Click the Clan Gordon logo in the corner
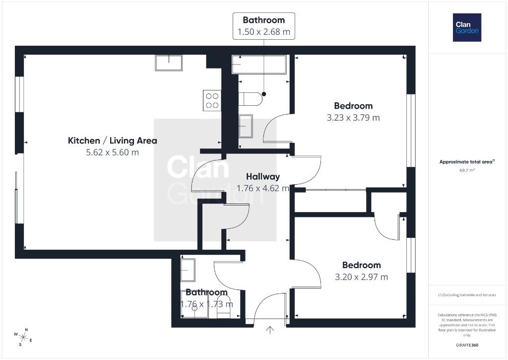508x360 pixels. tap(467, 28)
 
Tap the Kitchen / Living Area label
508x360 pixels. tap(113, 141)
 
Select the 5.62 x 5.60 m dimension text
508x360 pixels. tap(113, 152)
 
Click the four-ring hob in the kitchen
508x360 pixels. tap(212, 100)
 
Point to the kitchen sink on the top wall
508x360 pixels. tap(169, 63)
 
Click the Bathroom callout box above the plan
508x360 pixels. tap(264, 26)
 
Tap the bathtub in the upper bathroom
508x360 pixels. tap(259, 65)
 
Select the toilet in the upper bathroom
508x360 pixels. tap(250, 99)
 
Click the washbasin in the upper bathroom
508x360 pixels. tap(246, 126)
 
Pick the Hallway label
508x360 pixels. tap(263, 177)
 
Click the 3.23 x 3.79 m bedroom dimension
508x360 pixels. tap(353, 118)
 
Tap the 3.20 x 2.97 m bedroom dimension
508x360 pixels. tap(361, 277)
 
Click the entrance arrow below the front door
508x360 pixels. tap(270, 330)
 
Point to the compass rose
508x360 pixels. tap(23, 337)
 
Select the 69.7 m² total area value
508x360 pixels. tap(467, 170)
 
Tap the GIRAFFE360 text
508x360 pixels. tap(467, 345)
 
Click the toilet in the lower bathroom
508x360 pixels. tap(223, 307)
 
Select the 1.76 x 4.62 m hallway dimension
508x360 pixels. tap(263, 188)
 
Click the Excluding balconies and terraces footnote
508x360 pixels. tap(467, 295)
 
